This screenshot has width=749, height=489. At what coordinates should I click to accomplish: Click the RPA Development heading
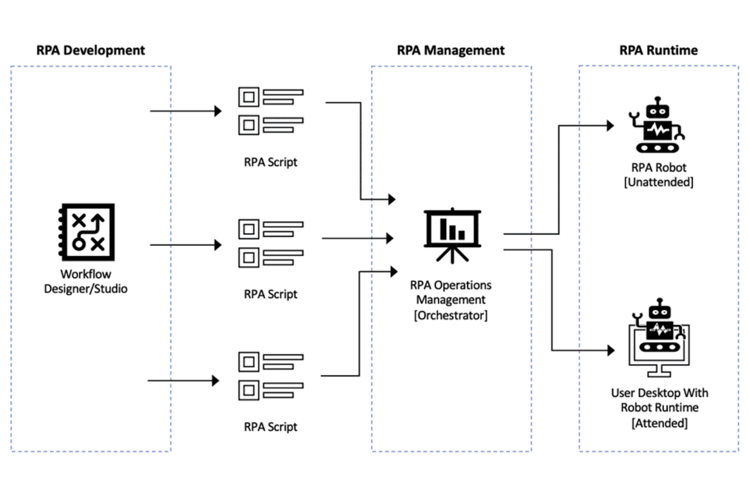point(90,50)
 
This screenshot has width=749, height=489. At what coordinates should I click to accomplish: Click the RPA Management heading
point(450,50)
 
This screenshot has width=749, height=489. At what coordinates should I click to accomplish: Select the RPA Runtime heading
point(658,50)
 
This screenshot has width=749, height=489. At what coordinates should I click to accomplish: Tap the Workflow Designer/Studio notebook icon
point(87,232)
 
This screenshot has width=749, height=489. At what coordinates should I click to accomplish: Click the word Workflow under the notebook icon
point(86,274)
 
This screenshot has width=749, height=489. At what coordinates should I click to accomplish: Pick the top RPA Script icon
point(271,111)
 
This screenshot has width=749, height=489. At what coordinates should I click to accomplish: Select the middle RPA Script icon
point(271,243)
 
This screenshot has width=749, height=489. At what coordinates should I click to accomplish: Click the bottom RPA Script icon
point(271,376)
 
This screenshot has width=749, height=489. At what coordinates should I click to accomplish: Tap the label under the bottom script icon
point(271,427)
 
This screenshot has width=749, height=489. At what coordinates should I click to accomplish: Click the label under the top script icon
point(271,162)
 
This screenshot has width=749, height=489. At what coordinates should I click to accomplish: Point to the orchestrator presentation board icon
point(452,234)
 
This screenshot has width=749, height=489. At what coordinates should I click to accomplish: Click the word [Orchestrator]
point(450,315)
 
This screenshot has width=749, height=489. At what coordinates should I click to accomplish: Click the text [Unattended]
point(658,182)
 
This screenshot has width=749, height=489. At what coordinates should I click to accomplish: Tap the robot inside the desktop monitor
point(659,328)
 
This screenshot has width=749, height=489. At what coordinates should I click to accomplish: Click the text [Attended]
point(659,423)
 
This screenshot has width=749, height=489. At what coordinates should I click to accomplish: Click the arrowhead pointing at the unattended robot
point(610,125)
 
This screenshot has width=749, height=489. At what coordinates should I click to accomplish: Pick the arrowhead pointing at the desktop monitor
point(610,350)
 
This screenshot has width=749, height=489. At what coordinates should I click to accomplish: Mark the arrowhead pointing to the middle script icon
point(218,245)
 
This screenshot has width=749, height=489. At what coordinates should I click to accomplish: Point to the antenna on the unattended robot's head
point(658,100)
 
